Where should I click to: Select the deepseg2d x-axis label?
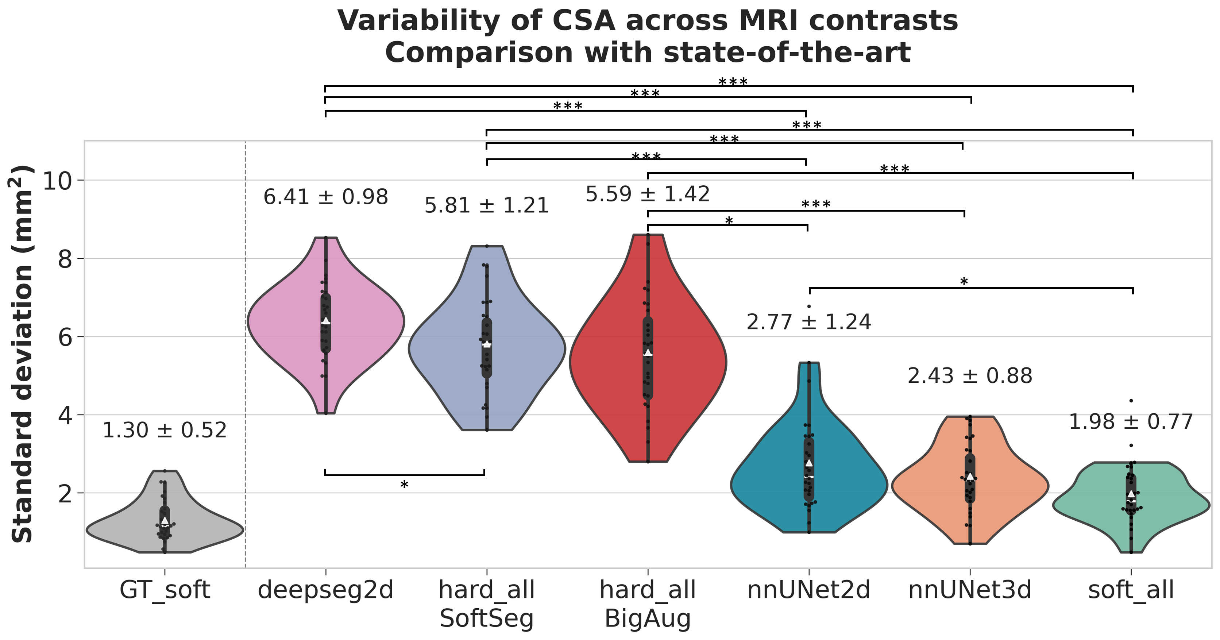(x=325, y=590)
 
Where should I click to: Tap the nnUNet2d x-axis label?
(x=808, y=590)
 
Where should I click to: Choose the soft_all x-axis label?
(x=1131, y=590)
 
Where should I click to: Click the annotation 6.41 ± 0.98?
(x=325, y=197)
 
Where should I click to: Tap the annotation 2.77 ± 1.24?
(x=808, y=323)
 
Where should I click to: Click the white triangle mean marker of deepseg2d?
(x=326, y=321)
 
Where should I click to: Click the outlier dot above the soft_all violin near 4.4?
(x=1131, y=401)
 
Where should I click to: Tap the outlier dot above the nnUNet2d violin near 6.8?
(x=809, y=306)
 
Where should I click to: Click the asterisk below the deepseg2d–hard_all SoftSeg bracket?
(x=404, y=485)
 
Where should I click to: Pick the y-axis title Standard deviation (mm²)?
(x=22, y=354)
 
